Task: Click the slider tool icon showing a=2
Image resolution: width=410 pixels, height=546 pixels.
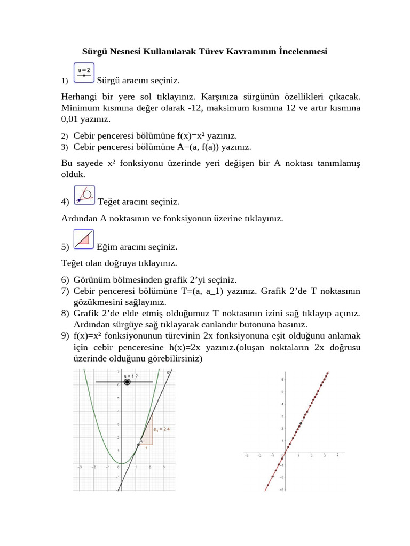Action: point(84,73)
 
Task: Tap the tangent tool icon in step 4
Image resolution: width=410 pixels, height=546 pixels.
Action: point(84,195)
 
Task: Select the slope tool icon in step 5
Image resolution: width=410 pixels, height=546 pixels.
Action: point(84,239)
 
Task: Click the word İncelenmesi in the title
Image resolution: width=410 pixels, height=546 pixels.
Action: point(303,52)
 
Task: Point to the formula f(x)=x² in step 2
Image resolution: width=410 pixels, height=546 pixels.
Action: point(207,136)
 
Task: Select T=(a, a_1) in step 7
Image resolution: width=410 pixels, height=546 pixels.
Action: point(224,291)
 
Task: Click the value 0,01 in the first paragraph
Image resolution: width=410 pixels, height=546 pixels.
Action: point(72,119)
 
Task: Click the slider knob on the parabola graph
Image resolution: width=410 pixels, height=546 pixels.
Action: point(127,382)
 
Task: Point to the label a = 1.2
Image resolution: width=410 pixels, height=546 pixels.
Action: point(131,376)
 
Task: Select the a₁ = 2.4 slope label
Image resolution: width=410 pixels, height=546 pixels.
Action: point(161,429)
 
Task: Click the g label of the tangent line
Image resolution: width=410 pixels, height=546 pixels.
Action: point(169,372)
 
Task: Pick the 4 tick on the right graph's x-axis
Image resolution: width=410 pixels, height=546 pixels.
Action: point(338,456)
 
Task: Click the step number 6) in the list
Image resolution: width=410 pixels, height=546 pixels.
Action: point(65,280)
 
